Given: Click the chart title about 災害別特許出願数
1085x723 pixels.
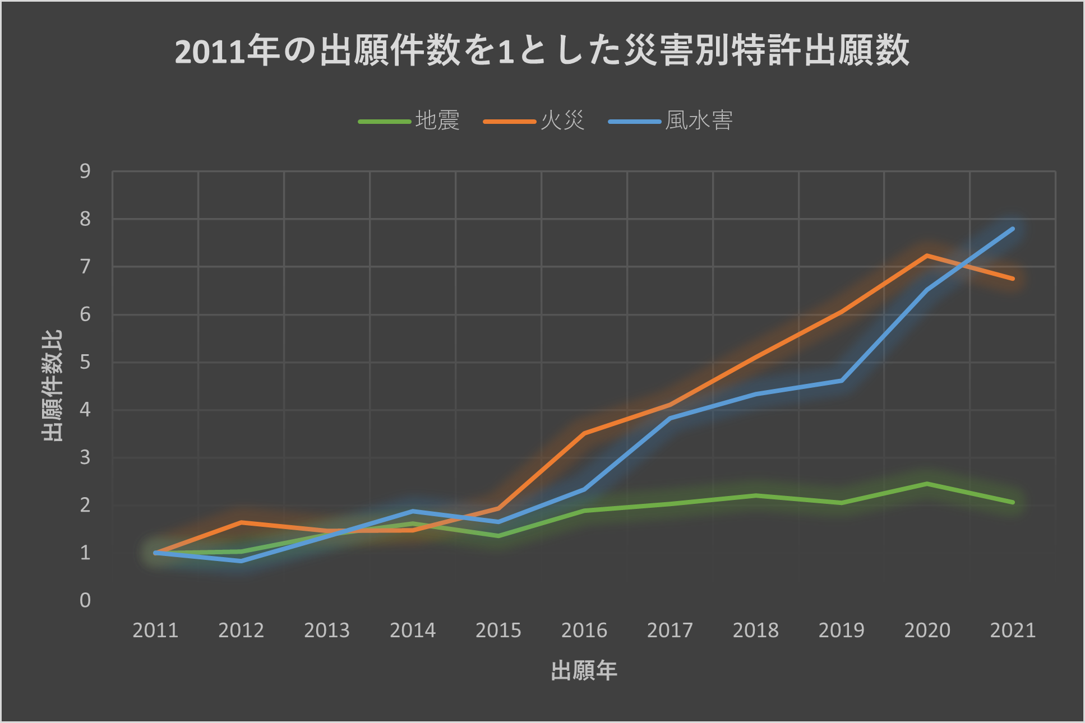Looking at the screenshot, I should pos(542,50).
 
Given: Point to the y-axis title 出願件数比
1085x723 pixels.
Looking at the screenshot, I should pos(52,386).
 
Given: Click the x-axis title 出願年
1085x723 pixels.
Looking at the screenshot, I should pos(584,671).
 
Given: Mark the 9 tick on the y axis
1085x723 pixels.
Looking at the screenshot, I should pos(85,172).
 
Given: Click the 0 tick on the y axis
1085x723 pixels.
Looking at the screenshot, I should pos(85,601).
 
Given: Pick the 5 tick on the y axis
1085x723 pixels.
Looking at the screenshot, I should pos(85,363).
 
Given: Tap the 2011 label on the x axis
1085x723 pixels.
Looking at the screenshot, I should pos(155,631).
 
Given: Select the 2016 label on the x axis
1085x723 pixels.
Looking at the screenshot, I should pos(584,631).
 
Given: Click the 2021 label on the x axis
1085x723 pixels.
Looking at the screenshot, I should pos(1013,631).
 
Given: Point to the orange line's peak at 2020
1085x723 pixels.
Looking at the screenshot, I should pos(927,256).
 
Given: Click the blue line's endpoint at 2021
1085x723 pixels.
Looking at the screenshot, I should pos(1013,229).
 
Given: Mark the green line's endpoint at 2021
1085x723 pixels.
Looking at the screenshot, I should pos(1013,502).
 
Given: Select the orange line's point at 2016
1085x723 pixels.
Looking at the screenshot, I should pos(584,433).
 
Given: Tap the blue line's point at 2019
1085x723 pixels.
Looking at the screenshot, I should pos(842,381).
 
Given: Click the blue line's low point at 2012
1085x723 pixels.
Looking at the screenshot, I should pos(241,560).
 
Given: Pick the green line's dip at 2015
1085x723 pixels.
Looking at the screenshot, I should pos(498,536).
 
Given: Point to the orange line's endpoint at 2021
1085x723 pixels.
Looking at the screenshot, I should pos(1013,279).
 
